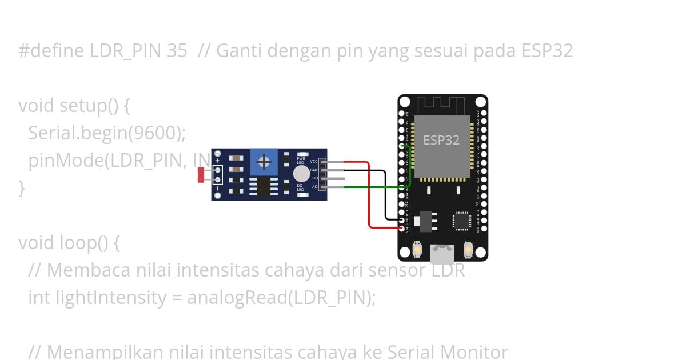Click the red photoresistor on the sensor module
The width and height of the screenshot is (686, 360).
tap(201, 174)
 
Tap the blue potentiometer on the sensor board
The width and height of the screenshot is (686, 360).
tap(264, 162)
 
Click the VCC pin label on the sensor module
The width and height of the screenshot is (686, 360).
tap(314, 162)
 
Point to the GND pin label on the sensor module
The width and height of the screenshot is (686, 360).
tap(314, 170)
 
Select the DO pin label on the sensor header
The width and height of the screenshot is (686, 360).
tap(314, 178)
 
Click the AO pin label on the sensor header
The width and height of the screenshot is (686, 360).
tap(314, 186)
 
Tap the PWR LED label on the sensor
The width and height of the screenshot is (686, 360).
tap(301, 161)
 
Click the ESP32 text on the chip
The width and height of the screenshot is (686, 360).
tap(441, 140)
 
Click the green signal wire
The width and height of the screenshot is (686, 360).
tap(372, 187)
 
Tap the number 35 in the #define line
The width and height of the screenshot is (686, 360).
tap(177, 51)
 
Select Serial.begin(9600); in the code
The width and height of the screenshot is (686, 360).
tap(107, 133)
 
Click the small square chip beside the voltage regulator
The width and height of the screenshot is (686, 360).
tap(462, 221)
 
